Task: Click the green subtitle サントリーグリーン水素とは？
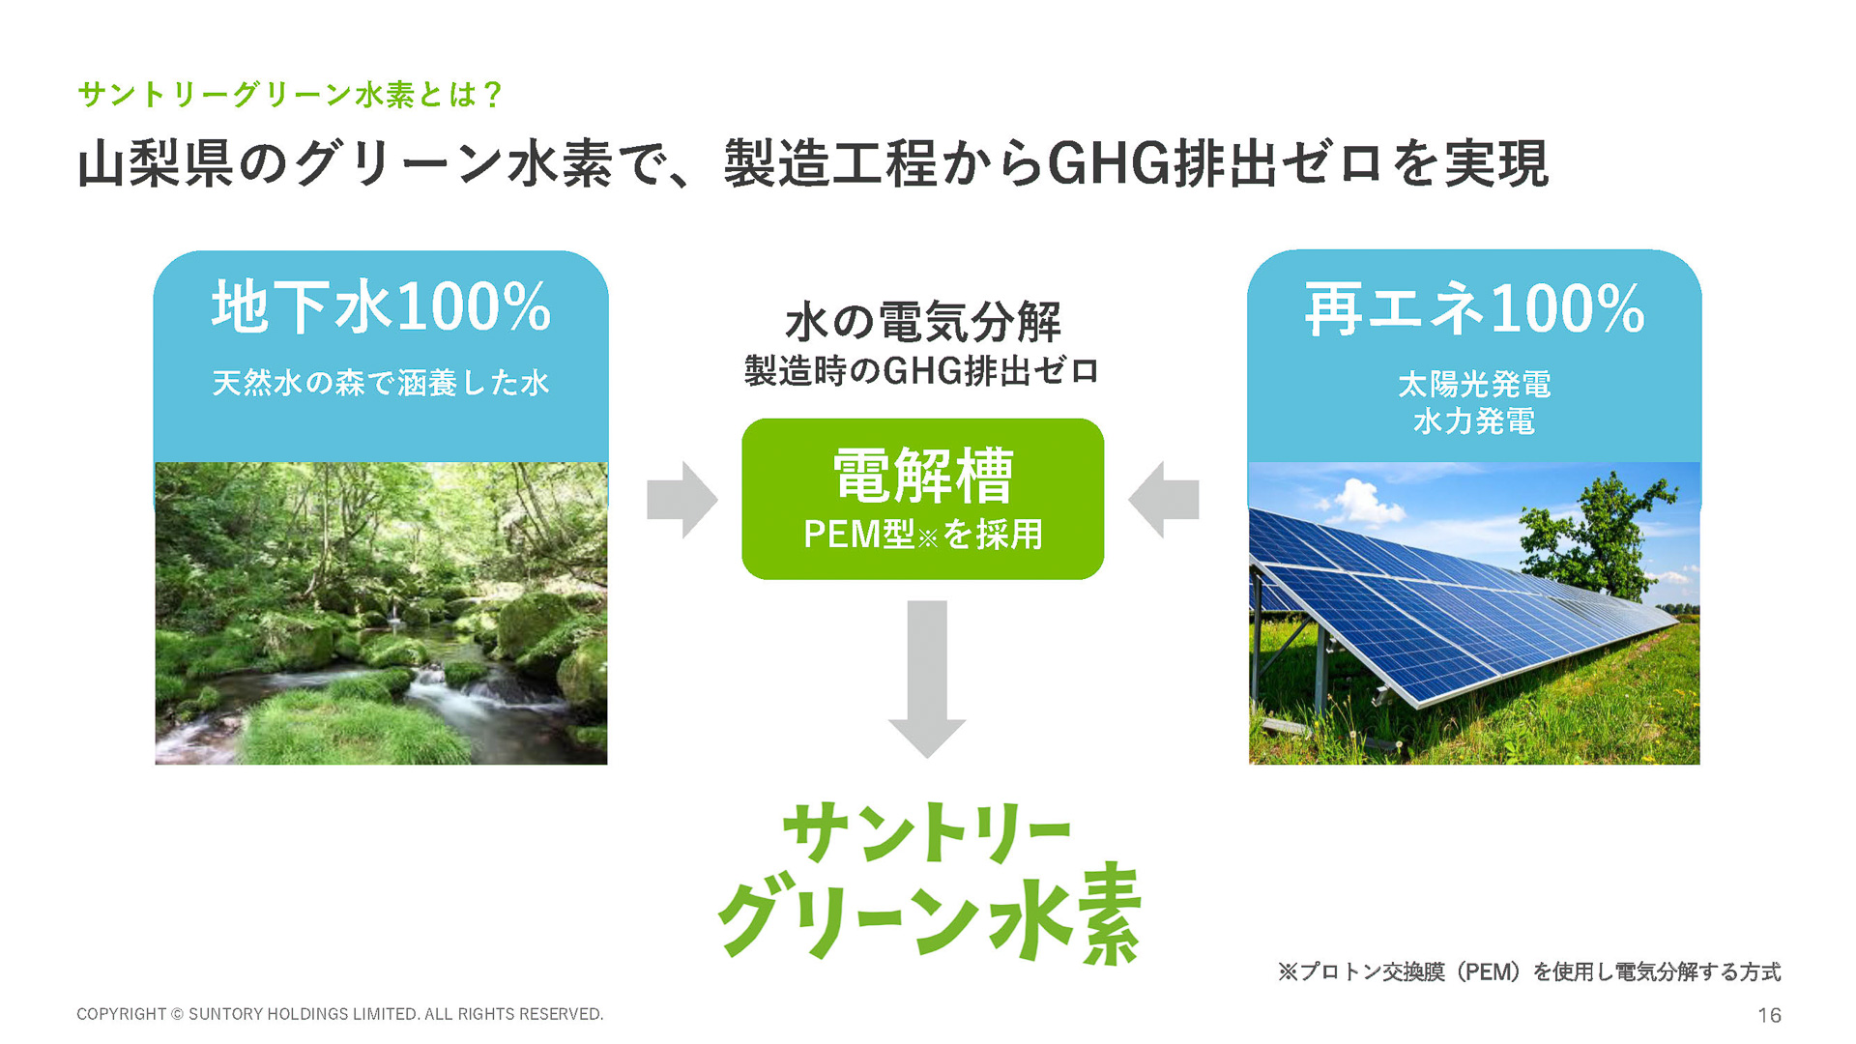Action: point(290,95)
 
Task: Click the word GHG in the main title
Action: point(1109,163)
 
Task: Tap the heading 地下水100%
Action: point(381,308)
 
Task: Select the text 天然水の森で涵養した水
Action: point(381,384)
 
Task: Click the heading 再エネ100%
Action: point(1474,310)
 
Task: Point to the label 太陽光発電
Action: point(1474,385)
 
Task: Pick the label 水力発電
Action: point(1474,421)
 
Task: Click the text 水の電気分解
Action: point(923,322)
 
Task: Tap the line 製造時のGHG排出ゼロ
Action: point(922,371)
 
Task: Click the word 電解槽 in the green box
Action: point(923,476)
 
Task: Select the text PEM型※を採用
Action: point(923,535)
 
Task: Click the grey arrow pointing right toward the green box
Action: point(682,500)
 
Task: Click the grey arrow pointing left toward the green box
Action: point(1164,500)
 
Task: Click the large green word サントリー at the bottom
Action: point(926,832)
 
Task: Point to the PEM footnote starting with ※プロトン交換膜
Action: point(1528,972)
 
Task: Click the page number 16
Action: point(1769,1015)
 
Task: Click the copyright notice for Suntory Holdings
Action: point(339,1014)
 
